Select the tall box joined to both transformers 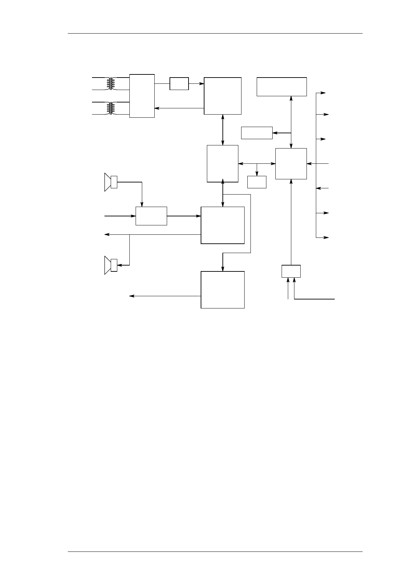142,96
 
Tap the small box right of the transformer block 179,84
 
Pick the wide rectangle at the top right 282,87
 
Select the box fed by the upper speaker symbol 151,216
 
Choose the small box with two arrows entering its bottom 291,271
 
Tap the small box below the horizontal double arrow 257,182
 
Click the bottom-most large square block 222,290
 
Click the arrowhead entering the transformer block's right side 156,108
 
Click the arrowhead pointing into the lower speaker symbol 119,266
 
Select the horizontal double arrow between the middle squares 257,163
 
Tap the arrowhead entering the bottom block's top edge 222,269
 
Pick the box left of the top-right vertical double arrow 257,133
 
